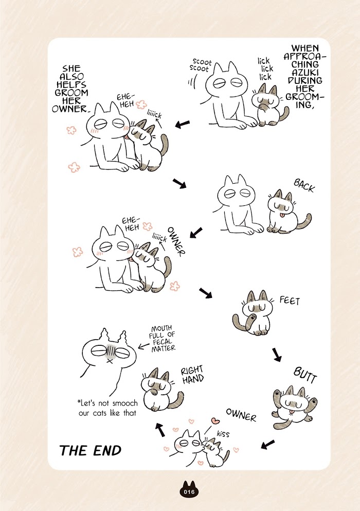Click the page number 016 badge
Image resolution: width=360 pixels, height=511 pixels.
(189, 489)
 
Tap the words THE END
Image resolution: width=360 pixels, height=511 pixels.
(91, 450)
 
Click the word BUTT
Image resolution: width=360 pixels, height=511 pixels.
(305, 375)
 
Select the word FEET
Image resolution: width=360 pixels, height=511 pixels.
(290, 300)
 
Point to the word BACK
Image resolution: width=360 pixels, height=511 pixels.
(304, 185)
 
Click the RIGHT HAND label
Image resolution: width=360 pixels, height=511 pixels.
(192, 375)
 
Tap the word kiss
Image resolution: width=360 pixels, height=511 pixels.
(223, 433)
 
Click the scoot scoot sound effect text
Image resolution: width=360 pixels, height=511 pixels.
(201, 65)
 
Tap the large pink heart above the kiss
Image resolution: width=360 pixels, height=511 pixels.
(215, 421)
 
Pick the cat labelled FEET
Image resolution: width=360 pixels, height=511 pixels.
(253, 313)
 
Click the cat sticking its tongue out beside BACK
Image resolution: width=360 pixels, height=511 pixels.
(286, 212)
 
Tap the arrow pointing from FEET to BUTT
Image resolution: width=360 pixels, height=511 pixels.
(277, 354)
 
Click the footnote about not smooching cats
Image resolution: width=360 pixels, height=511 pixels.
(107, 408)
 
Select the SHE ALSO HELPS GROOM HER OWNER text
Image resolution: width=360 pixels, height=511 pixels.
(70, 89)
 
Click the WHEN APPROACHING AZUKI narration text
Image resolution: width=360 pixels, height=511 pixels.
(304, 76)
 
